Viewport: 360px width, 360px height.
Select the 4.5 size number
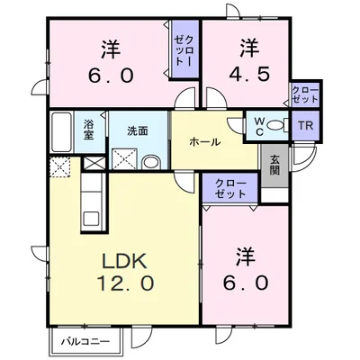click(249, 74)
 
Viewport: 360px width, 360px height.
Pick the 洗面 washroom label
click(138, 130)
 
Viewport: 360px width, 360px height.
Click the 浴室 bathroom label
click(90, 130)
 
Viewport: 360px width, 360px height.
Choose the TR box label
click(304, 126)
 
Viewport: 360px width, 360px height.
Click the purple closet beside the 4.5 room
click(304, 94)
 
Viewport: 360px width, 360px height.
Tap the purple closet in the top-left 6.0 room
click(185, 52)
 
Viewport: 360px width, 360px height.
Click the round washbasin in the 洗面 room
click(151, 162)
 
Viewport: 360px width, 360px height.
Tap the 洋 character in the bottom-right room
click(239, 254)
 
